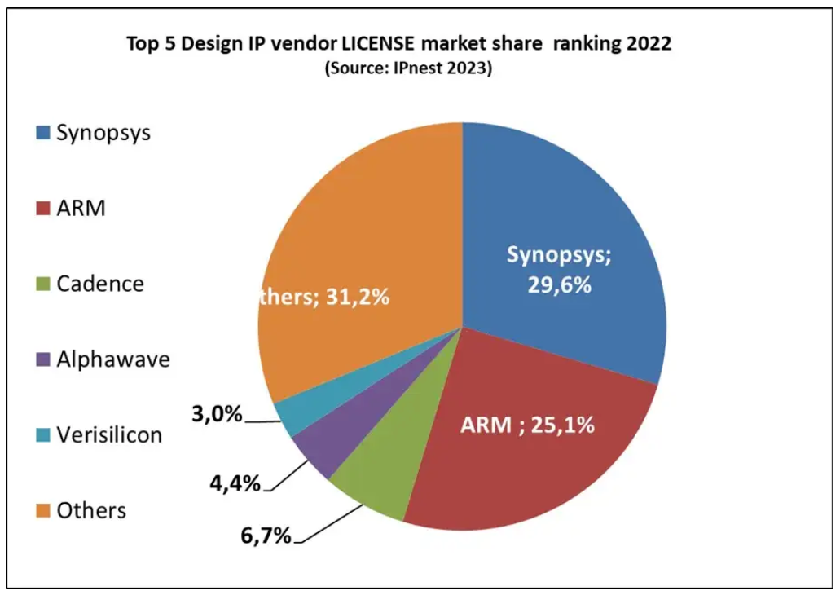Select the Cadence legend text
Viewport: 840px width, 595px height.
(x=99, y=284)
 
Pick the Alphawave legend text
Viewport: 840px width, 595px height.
(x=112, y=359)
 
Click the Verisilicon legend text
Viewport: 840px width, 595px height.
(x=108, y=434)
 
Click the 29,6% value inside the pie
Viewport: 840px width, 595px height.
(x=559, y=286)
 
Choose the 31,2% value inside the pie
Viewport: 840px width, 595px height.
(x=357, y=297)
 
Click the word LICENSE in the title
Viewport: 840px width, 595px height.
(x=373, y=43)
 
